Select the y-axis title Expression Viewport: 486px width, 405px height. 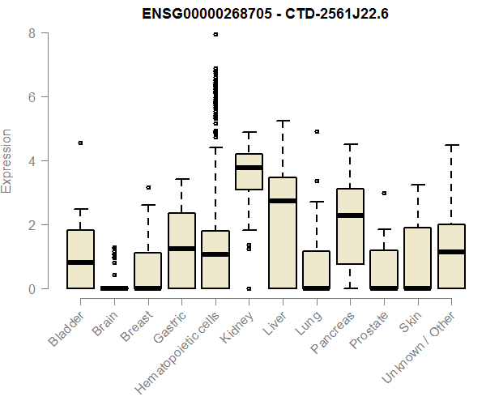[7, 160]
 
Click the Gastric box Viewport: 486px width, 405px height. [181, 250]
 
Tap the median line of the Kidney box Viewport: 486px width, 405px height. [249, 168]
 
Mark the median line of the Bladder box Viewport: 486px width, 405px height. [81, 262]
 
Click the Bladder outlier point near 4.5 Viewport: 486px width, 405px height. [81, 143]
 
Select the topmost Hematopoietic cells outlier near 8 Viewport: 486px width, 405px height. [215, 34]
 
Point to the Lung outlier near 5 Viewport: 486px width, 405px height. [317, 131]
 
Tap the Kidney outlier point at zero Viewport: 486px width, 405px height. [249, 288]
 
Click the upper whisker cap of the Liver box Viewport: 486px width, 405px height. [283, 121]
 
